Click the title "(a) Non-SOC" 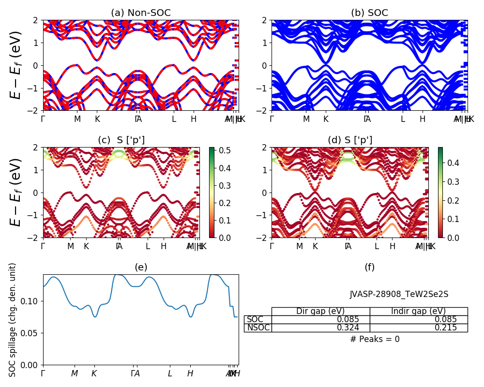pos(140,13)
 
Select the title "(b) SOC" pos(369,13)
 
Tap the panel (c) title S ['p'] pos(121,140)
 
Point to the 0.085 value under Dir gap pos(348,319)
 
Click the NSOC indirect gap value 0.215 pos(446,328)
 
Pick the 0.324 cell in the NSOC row pos(348,328)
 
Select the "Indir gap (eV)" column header pos(418,311)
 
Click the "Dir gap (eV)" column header pos(320,311)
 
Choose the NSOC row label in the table pos(257,328)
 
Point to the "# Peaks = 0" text pos(375,339)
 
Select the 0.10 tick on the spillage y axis pos(33,301)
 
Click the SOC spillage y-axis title pos(13,320)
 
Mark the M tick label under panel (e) pos(75,373)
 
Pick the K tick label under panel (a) pos(97,119)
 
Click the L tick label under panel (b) pos(403,119)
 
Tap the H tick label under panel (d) pos(393,246)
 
